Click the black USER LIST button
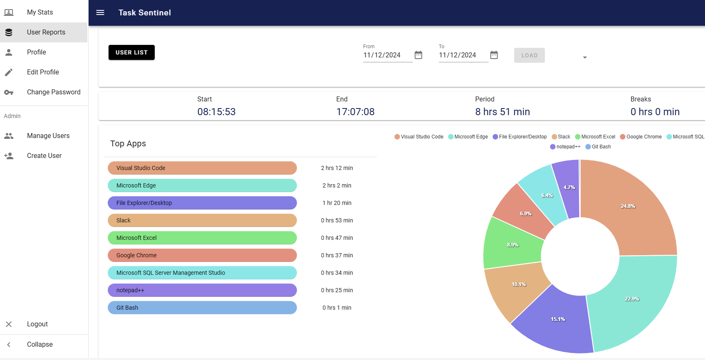click(131, 52)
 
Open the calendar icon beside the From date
click(418, 55)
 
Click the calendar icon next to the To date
click(494, 55)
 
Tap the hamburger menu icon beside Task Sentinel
click(100, 12)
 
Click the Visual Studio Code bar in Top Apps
click(202, 168)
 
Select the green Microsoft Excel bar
click(202, 238)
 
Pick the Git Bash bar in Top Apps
click(202, 308)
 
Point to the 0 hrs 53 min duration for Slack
click(337, 220)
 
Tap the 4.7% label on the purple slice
click(569, 187)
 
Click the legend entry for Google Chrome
click(641, 137)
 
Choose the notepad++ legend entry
click(565, 147)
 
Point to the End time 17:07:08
click(355, 112)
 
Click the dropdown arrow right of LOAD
click(585, 57)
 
